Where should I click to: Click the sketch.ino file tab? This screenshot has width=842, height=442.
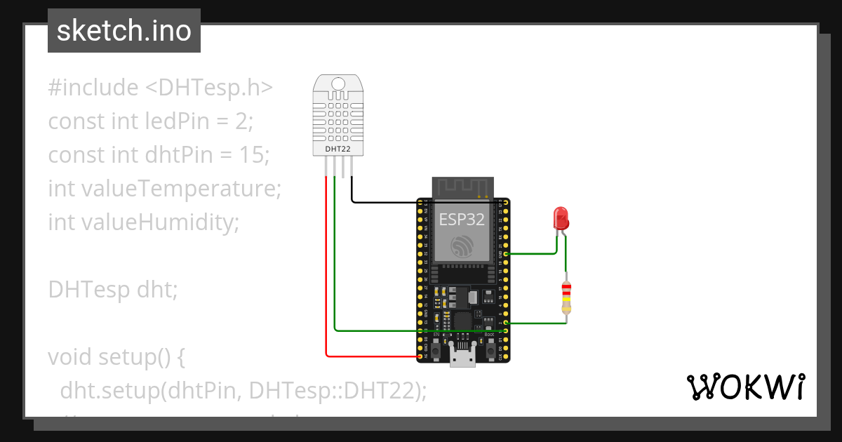coord(123,31)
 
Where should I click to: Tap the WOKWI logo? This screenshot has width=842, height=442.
coord(744,387)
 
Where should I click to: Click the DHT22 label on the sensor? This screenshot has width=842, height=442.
coord(338,149)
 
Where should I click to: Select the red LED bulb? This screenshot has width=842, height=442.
coord(561,218)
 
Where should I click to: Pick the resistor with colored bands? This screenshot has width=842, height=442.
coord(566,297)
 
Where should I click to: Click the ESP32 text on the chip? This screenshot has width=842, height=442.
coord(462,219)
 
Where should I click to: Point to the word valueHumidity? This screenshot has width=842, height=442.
coord(161,222)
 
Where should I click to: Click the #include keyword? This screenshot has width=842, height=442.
coord(93,88)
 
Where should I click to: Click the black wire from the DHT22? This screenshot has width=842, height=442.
coord(379,203)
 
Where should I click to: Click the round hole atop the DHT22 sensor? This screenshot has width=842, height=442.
coord(338,83)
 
